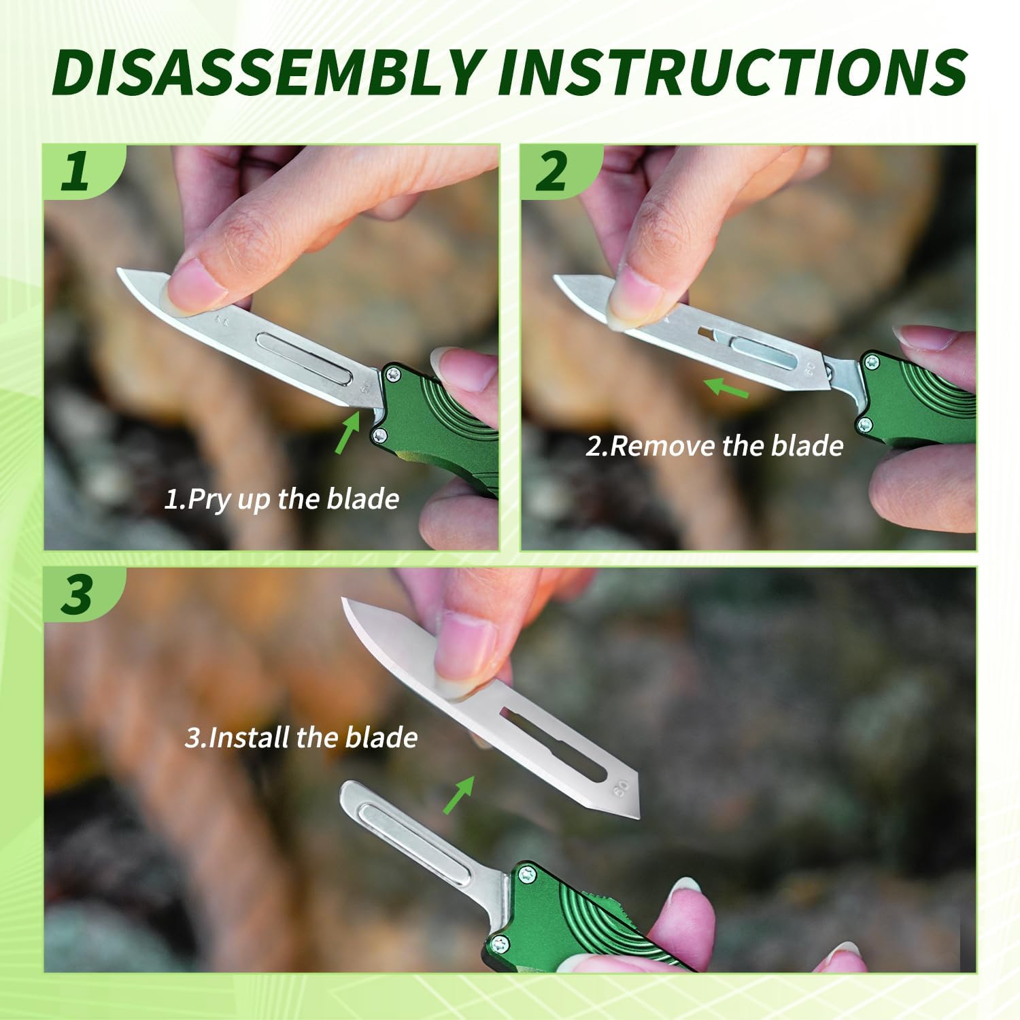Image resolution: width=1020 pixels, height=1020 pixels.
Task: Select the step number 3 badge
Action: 76,594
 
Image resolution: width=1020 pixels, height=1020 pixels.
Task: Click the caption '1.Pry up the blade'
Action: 282,499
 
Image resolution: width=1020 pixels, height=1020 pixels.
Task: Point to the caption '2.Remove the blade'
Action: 715,446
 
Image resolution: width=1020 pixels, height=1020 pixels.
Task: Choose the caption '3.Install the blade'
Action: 301,738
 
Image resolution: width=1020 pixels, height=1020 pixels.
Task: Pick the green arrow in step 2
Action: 726,388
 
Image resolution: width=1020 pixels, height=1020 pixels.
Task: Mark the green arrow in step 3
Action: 459,795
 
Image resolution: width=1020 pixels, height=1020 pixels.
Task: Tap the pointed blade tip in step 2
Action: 556,278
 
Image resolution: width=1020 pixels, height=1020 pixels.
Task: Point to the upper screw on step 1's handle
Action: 393,373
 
